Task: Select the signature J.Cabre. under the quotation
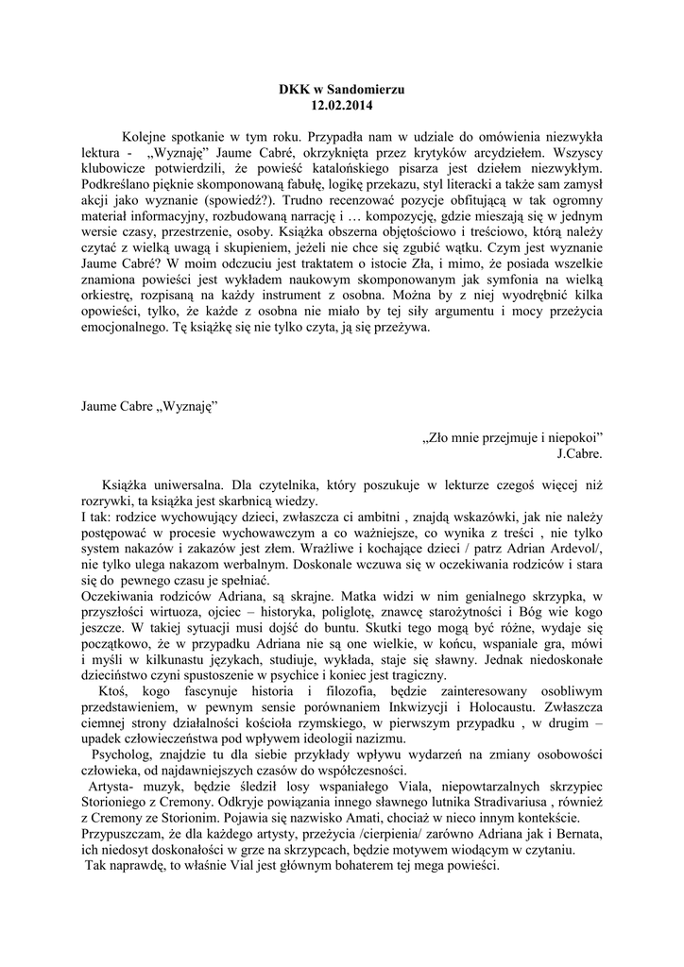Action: point(580,452)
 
